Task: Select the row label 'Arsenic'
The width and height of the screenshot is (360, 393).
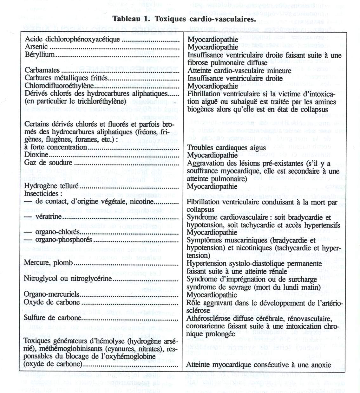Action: click(36, 47)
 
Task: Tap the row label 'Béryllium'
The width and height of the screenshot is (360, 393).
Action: click(40, 55)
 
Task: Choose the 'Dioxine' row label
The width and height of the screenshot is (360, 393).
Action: click(36, 155)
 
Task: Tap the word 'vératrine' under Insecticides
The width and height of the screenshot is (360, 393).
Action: click(49, 217)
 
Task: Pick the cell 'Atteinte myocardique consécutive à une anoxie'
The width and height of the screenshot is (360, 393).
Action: click(259, 364)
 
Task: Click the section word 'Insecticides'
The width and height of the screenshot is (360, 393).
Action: click(41, 194)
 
